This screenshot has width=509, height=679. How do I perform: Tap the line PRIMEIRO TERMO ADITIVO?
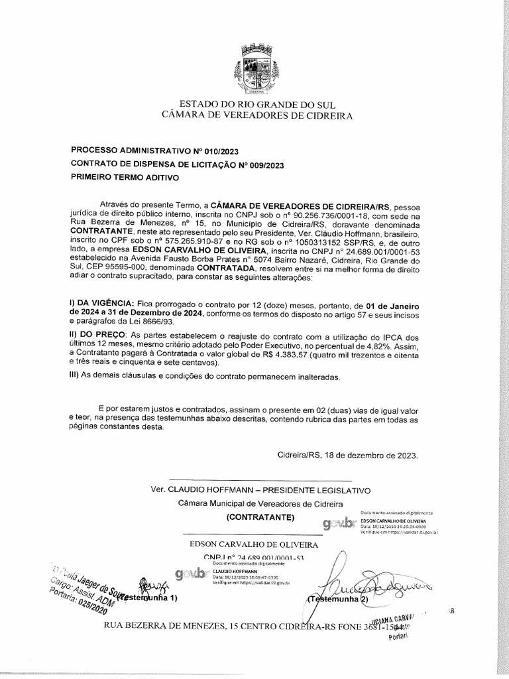[x=125, y=178]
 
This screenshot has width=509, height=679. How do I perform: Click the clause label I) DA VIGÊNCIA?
[x=100, y=303]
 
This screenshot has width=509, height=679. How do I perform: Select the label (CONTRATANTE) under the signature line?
[x=258, y=517]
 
